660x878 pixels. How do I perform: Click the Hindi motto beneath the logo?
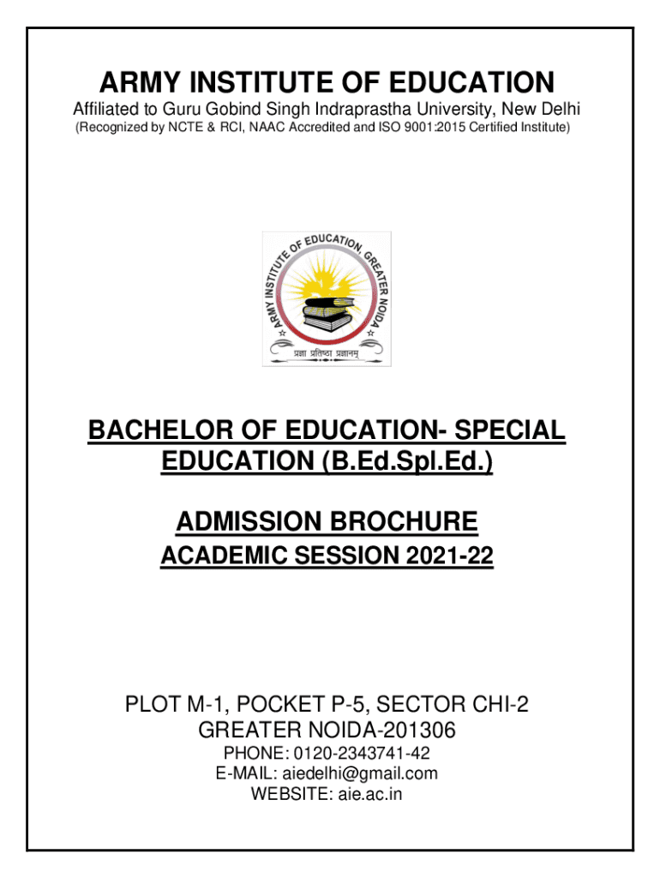(x=327, y=352)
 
